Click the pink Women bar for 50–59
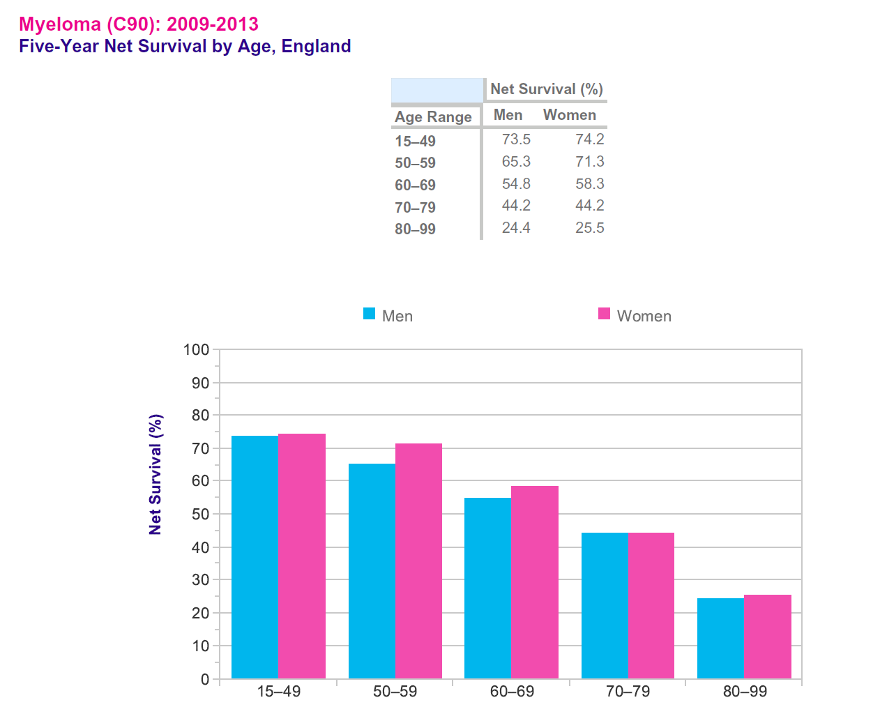tap(418, 561)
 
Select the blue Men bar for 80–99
tap(720, 638)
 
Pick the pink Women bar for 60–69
tap(535, 582)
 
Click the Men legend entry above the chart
tap(388, 315)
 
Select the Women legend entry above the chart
tap(635, 315)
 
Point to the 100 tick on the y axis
tap(196, 349)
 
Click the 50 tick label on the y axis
tap(199, 514)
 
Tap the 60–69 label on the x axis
tap(512, 691)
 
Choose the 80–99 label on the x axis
tap(745, 691)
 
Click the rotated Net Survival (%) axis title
tap(155, 474)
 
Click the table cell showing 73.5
tap(516, 139)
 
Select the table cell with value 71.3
tap(589, 162)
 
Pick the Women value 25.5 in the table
tap(589, 228)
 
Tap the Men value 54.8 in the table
tap(516, 184)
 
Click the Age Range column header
tap(433, 116)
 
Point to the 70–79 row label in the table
tap(415, 207)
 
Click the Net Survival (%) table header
tap(546, 89)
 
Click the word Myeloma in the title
tap(60, 24)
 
